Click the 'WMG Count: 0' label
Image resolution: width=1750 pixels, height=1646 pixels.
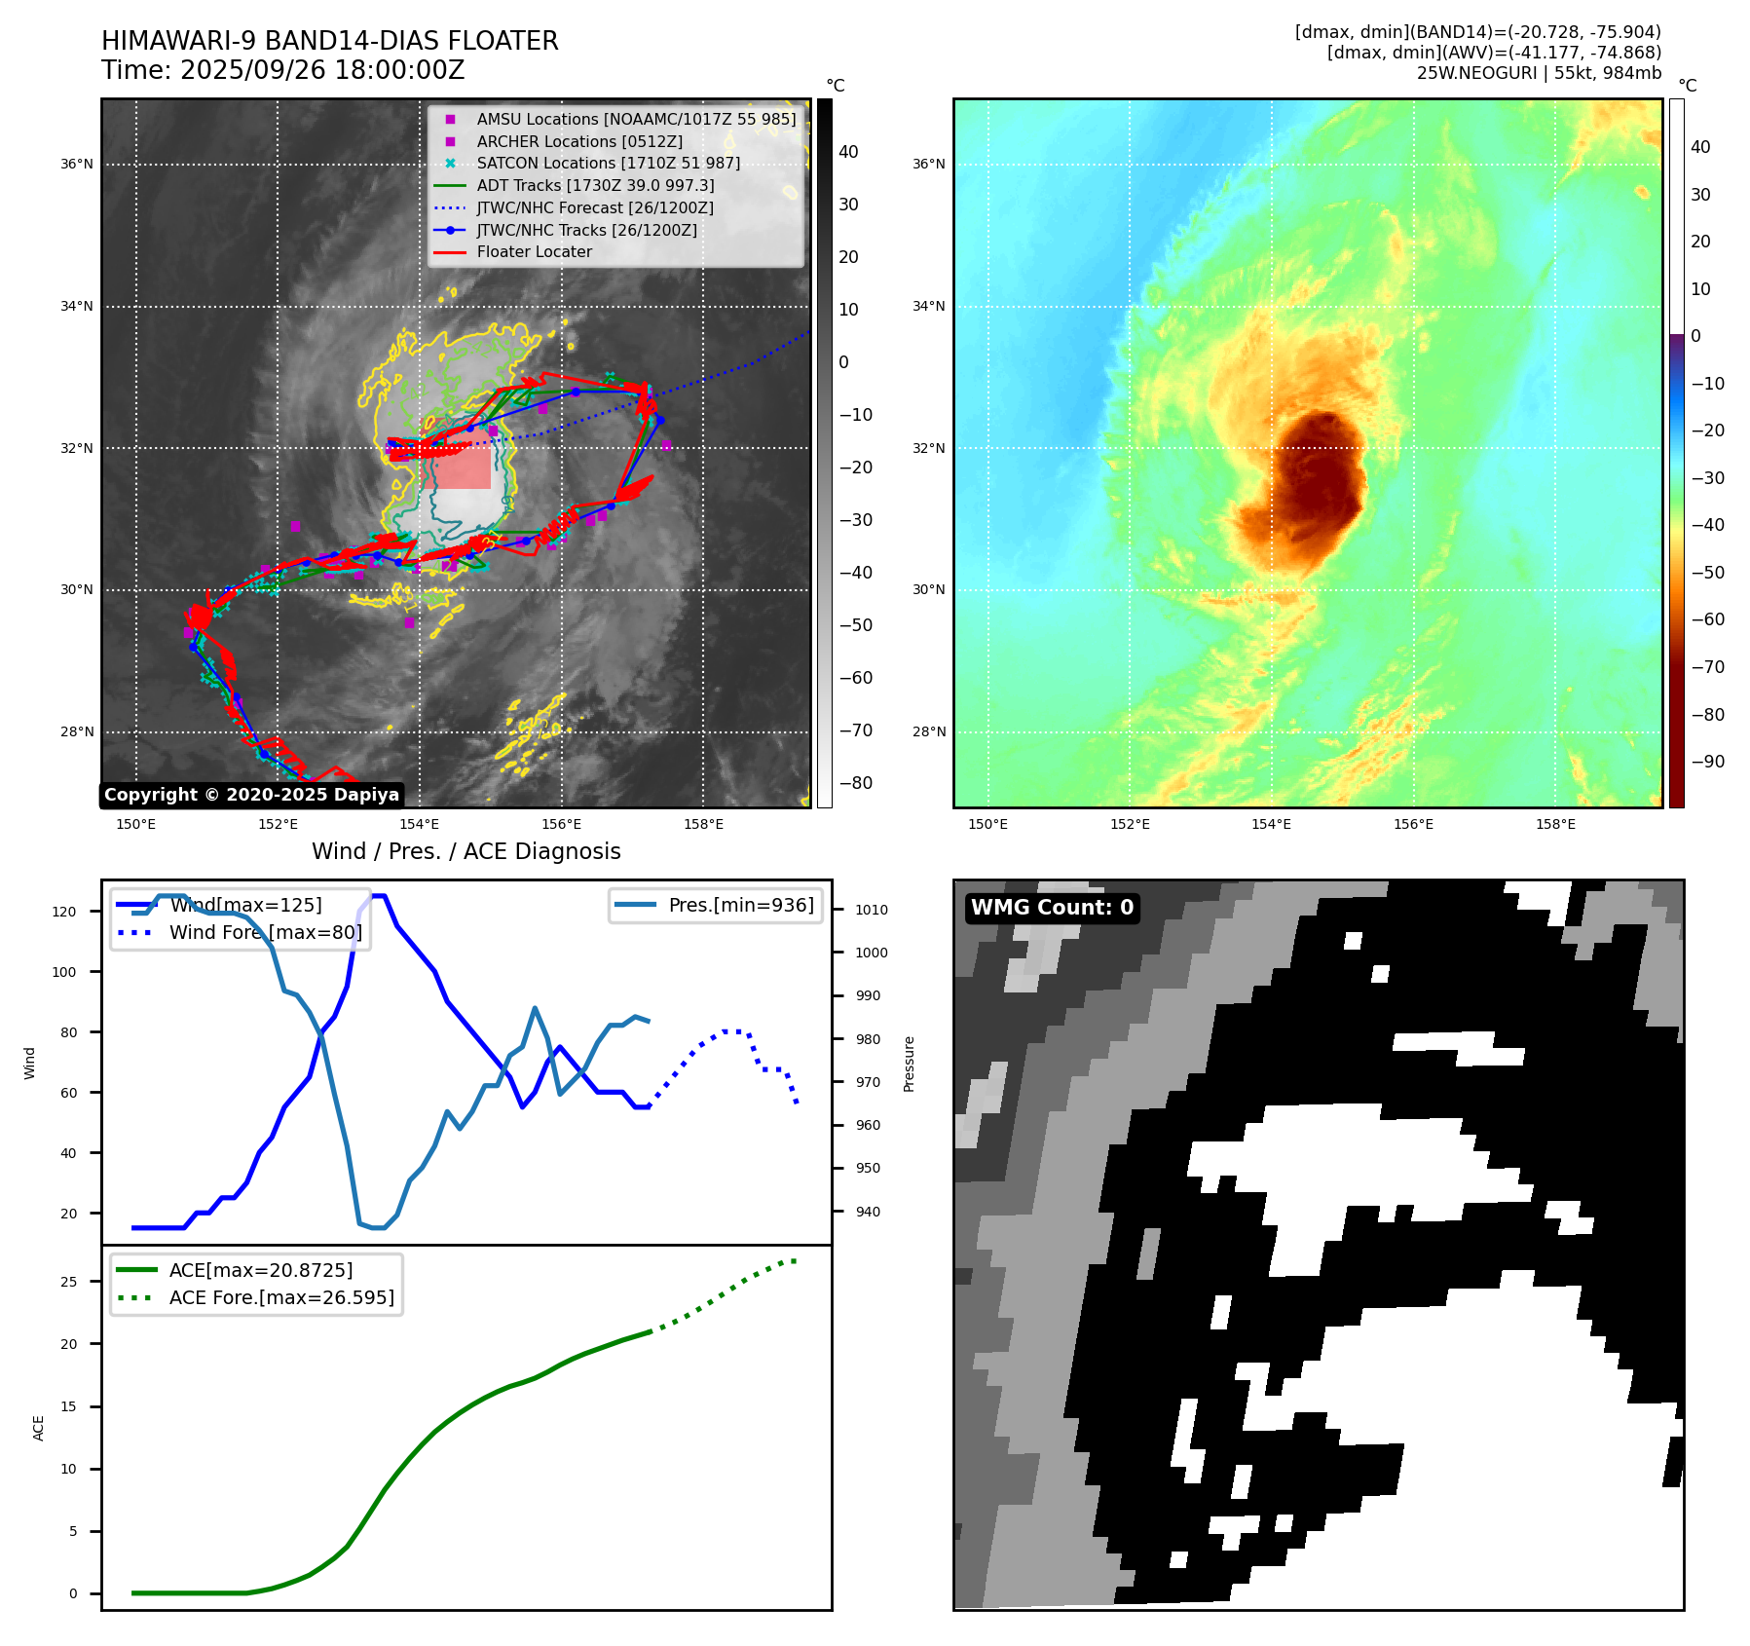pos(1052,908)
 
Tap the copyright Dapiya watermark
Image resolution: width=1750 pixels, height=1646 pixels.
pos(251,795)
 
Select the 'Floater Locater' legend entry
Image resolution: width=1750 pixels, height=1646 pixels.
pos(534,252)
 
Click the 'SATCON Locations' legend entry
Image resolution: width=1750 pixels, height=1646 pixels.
pos(608,164)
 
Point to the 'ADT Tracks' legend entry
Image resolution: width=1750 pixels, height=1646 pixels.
pos(595,185)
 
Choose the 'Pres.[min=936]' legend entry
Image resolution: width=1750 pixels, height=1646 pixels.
pos(740,905)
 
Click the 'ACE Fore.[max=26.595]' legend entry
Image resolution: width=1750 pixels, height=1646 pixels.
pos(281,1297)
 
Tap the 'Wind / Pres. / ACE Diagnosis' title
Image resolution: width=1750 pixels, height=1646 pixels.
pos(465,851)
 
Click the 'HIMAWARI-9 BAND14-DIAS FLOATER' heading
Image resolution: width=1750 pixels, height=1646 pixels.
pos(329,41)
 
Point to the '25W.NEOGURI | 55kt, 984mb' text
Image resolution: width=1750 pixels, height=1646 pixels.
pos(1539,73)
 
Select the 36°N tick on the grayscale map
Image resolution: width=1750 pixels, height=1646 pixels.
pos(77,165)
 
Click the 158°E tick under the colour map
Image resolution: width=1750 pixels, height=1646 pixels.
pos(1555,825)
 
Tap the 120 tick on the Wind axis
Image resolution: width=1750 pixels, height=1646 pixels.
pos(64,913)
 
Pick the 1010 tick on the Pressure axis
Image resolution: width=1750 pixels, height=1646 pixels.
pos(872,911)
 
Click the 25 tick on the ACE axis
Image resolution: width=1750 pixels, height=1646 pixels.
pos(68,1282)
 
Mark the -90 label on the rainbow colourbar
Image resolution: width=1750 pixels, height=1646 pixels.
pos(1707,762)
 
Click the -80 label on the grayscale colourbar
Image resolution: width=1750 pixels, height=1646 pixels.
pos(856,783)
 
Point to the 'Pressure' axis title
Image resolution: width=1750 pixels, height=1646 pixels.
pos(910,1064)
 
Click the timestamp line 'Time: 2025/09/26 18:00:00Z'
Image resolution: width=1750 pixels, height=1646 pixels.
pos(282,71)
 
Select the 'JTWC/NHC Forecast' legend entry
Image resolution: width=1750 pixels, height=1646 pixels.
pos(595,208)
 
